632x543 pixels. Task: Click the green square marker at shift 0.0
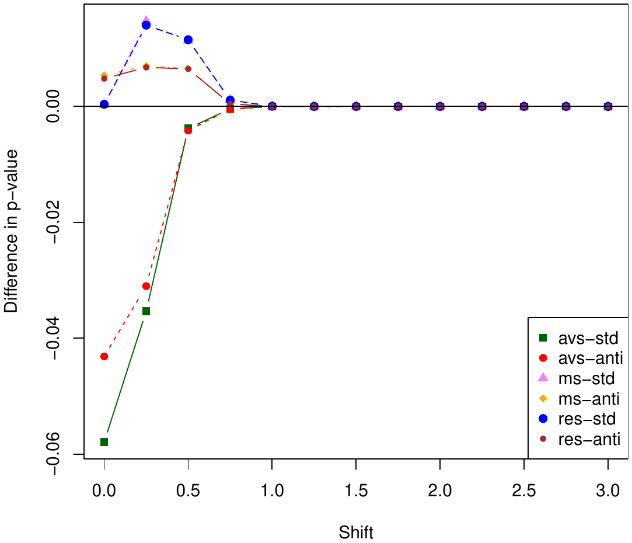104,442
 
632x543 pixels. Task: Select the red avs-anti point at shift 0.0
104,356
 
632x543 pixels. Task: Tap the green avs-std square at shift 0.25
146,311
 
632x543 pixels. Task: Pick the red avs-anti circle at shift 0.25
146,286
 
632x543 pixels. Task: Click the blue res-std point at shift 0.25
146,25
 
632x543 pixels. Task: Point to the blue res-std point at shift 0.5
188,40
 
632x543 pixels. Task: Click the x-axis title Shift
356,532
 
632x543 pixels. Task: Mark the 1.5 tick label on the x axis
356,492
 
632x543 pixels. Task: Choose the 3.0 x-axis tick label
608,492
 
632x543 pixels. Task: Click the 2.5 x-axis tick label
524,492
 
